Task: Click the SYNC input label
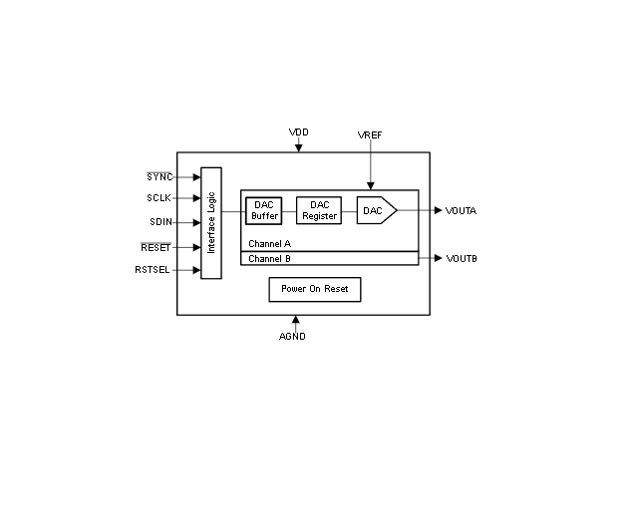click(x=158, y=176)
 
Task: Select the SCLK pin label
click(x=158, y=198)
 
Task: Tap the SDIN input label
click(x=160, y=222)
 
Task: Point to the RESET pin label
click(x=157, y=247)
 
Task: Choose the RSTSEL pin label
click(x=154, y=269)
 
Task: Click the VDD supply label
click(x=298, y=132)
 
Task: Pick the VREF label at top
click(x=370, y=134)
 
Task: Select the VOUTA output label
click(x=462, y=210)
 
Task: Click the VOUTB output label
click(x=462, y=259)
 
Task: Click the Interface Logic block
click(x=211, y=222)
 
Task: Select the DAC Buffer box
click(x=264, y=210)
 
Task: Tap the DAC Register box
click(x=319, y=210)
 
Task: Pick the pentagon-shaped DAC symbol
click(x=376, y=210)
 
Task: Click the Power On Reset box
click(x=315, y=289)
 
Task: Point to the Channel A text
click(x=269, y=243)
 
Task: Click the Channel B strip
click(x=329, y=259)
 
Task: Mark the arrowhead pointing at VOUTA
click(x=438, y=210)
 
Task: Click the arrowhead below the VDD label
click(x=298, y=148)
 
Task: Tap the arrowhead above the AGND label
click(x=295, y=321)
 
